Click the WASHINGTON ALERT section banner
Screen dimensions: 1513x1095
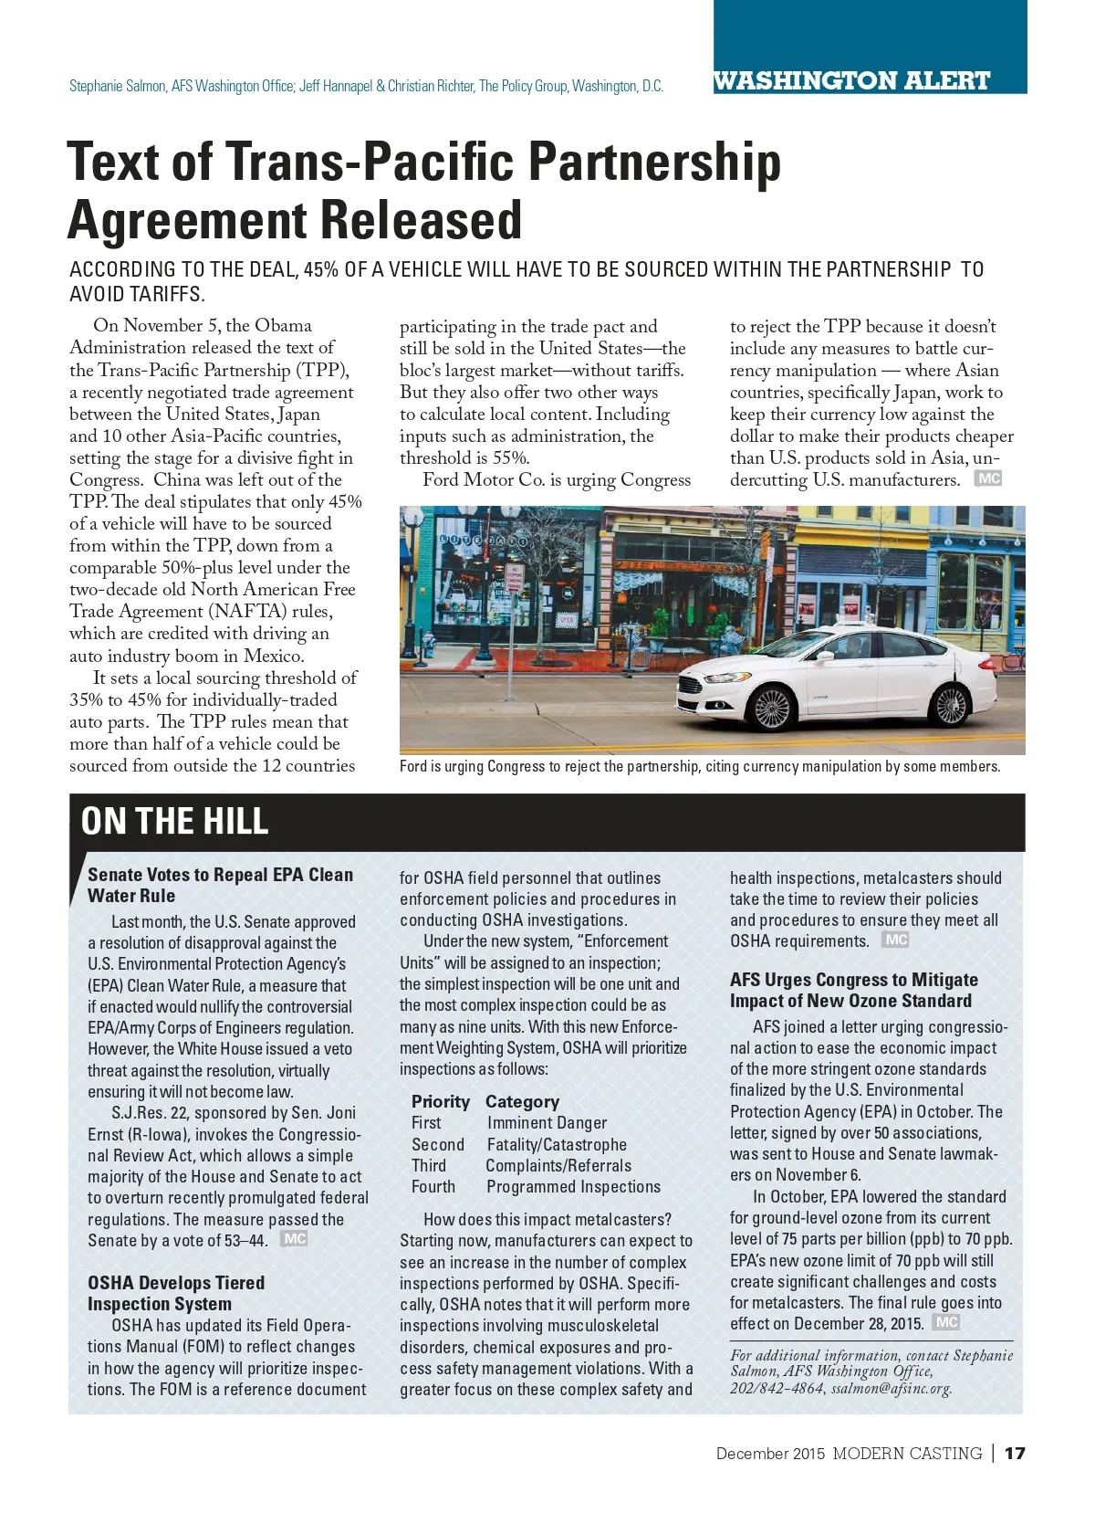pos(851,80)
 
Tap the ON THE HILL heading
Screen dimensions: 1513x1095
pos(174,821)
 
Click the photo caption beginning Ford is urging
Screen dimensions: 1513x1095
pos(699,766)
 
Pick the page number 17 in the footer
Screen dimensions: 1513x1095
pos(1015,1453)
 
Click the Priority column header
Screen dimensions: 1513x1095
pos(440,1101)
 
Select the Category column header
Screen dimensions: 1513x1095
pos(522,1101)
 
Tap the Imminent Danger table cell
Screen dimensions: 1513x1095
pos(547,1122)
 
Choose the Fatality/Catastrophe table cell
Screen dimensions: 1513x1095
pos(557,1144)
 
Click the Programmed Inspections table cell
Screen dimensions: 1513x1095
pos(573,1186)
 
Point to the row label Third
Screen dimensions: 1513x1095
pos(429,1165)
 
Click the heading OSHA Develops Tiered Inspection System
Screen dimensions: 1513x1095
pos(176,1293)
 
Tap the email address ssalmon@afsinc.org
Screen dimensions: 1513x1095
pos(891,1388)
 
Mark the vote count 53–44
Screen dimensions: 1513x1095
pos(245,1240)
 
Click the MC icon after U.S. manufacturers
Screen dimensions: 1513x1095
pos(988,478)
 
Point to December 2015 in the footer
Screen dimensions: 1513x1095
pos(770,1453)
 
